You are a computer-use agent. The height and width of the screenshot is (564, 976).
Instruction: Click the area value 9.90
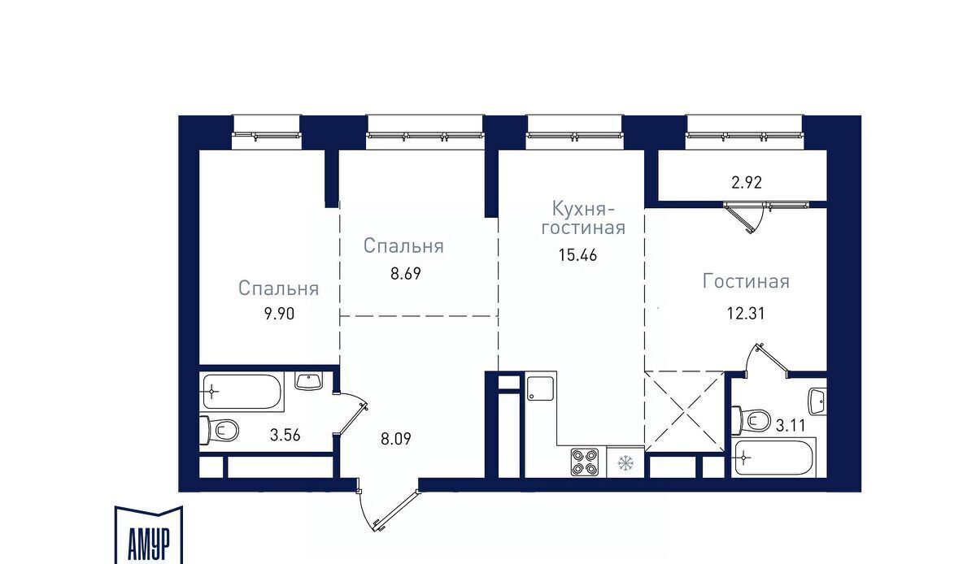(x=279, y=314)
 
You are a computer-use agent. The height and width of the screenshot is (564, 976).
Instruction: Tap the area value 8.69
(x=406, y=274)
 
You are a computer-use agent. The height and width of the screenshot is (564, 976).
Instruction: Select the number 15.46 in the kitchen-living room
(x=577, y=255)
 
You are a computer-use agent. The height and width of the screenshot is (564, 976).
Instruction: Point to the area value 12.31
(x=746, y=313)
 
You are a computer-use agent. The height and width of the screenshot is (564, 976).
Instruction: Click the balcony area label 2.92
(x=747, y=183)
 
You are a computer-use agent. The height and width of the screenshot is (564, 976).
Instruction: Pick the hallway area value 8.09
(x=395, y=439)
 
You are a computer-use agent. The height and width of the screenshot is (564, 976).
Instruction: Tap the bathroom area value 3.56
(x=285, y=435)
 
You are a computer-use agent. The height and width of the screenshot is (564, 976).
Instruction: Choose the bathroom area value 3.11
(x=791, y=425)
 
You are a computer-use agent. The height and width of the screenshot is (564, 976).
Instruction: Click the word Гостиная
(x=746, y=281)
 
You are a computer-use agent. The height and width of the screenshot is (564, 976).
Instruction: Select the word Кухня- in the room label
(x=583, y=209)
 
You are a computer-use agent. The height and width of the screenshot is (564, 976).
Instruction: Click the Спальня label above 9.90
(x=279, y=289)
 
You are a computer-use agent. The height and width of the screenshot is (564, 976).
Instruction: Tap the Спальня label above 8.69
(x=403, y=246)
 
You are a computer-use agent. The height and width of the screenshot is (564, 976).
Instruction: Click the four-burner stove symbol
(x=584, y=462)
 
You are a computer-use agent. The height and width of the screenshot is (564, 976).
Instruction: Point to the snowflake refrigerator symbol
(x=625, y=463)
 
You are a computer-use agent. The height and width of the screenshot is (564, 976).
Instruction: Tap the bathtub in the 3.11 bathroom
(x=773, y=458)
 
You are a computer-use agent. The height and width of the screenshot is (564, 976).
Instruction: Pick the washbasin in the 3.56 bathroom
(x=308, y=381)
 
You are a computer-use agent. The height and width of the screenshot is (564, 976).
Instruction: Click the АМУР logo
(x=149, y=535)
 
